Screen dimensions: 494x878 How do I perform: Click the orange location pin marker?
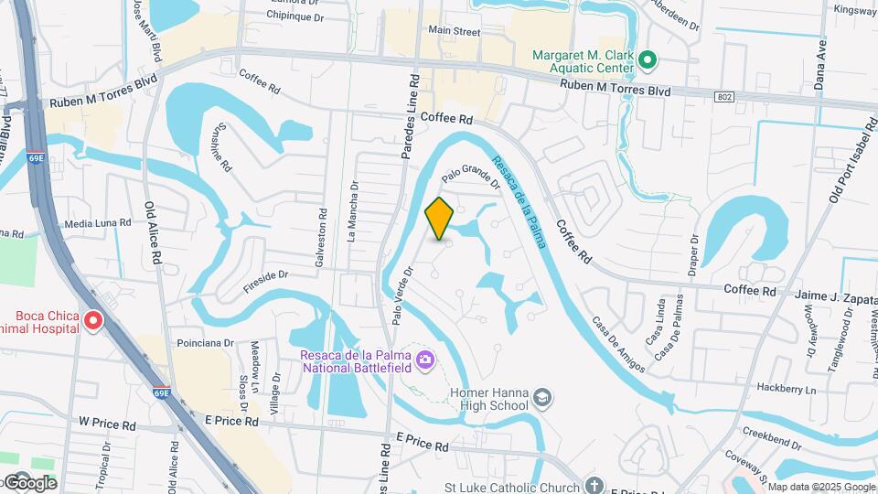(x=439, y=218)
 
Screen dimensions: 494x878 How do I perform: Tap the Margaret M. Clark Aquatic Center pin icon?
(x=648, y=61)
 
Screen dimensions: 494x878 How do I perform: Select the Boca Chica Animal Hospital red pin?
(x=93, y=321)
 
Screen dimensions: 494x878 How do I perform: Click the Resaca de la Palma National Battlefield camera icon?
(x=424, y=359)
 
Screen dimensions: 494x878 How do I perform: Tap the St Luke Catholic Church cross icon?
(x=594, y=484)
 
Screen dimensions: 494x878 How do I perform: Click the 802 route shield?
(x=723, y=96)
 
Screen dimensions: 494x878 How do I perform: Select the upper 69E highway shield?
(x=36, y=157)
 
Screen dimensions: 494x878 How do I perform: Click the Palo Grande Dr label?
(x=471, y=175)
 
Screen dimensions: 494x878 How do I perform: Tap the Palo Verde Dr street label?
(x=402, y=295)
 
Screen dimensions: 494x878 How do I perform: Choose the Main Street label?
(x=455, y=31)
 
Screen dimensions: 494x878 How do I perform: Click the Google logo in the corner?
(x=29, y=482)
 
